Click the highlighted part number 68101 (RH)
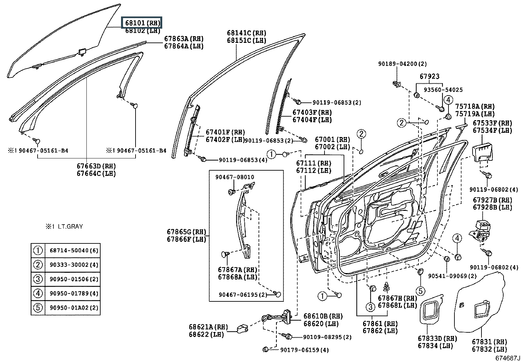point(142,23)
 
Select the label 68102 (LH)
point(142,31)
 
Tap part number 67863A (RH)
point(184,39)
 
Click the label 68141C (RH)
point(246,33)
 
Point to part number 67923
point(429,76)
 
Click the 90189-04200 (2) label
point(402,64)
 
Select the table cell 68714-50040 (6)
point(74,251)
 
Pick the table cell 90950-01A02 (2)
point(74,308)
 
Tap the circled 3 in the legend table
point(38,279)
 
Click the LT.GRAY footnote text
point(64,227)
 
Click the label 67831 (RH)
point(489,342)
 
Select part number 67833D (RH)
point(437,338)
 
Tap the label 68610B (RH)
point(323,316)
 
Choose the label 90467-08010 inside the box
point(235,177)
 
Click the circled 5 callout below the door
point(420,291)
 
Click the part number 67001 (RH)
point(332,139)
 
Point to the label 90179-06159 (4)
point(304,350)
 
